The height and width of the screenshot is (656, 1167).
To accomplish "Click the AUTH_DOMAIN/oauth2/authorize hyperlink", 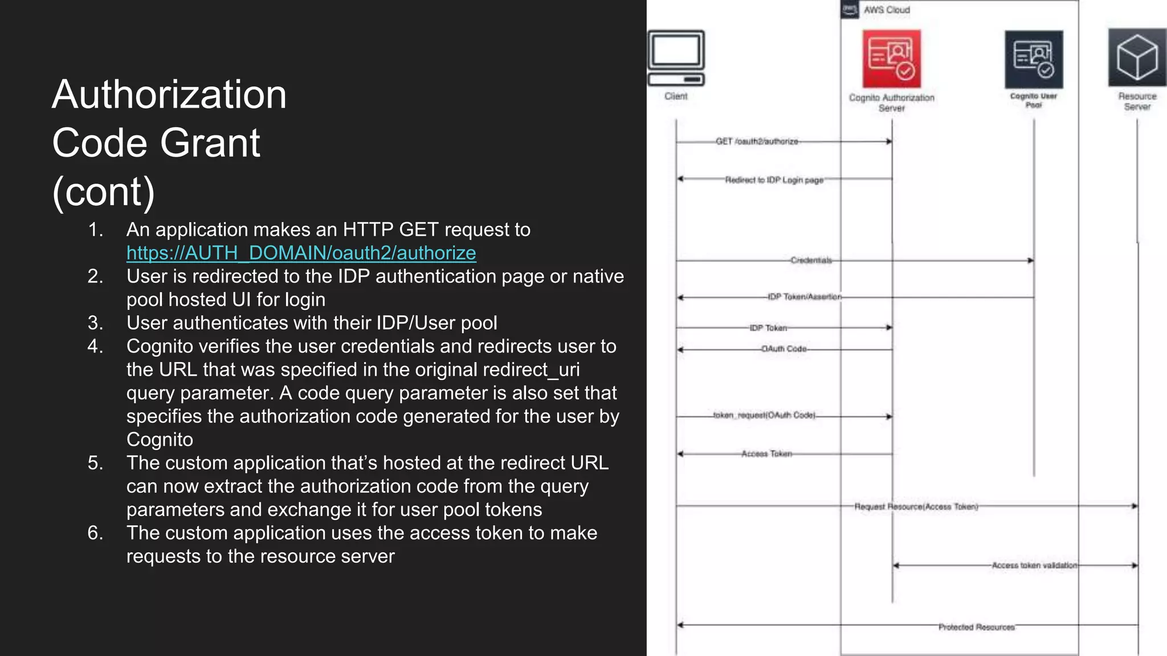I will [301, 253].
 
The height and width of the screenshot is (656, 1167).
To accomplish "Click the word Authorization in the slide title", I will [169, 95].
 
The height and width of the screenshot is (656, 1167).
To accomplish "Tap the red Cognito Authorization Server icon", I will [891, 59].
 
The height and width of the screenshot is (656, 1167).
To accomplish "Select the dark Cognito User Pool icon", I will [1033, 59].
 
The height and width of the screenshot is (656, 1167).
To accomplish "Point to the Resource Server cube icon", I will [1137, 58].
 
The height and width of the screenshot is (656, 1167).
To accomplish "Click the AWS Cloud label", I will [886, 10].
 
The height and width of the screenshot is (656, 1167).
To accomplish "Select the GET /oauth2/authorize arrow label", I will [757, 141].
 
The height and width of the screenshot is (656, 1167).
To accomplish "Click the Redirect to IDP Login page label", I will [774, 180].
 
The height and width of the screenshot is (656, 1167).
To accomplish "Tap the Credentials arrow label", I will [811, 260].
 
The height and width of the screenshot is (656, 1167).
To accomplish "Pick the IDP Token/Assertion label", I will [804, 297].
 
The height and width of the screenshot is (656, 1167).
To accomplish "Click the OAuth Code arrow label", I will [784, 348].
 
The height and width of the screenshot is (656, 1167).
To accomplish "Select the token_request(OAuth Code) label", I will [764, 415].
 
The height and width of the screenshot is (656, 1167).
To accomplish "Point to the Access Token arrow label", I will [766, 454].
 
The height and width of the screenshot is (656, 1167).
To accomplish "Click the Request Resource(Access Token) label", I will [916, 506].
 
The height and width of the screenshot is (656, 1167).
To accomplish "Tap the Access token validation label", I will [1034, 565].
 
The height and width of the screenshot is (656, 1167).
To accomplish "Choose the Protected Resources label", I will [976, 627].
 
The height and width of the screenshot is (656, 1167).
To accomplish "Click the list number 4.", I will [95, 346].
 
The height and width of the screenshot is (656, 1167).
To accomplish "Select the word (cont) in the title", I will [103, 192].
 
